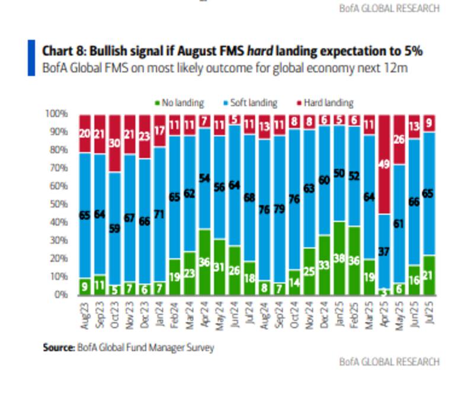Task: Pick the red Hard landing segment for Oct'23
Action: (x=114, y=143)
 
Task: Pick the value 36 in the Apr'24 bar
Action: (x=204, y=261)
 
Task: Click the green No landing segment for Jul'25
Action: (x=430, y=274)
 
